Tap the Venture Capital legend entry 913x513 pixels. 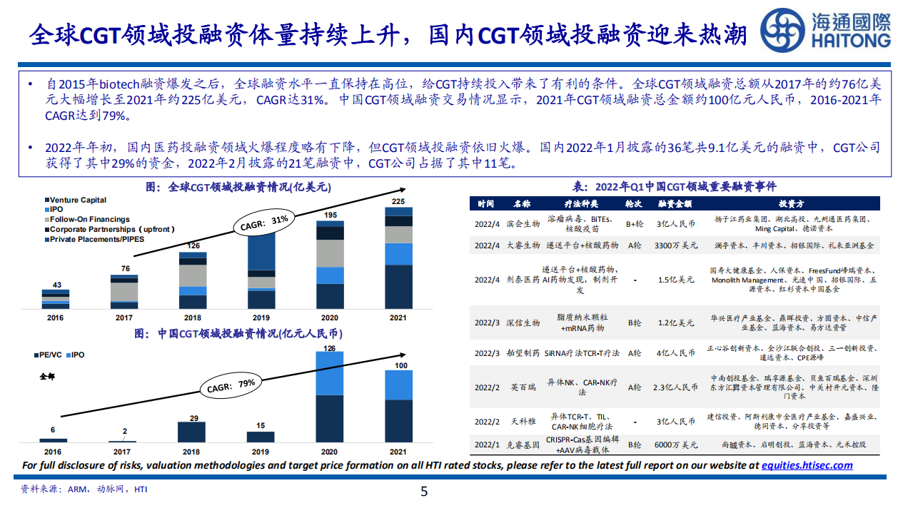pyautogui.click(x=78, y=200)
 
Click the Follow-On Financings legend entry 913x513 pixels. pyautogui.click(x=89, y=220)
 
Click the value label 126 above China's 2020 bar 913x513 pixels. pyautogui.click(x=329, y=348)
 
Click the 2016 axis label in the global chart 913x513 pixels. pyautogui.click(x=55, y=317)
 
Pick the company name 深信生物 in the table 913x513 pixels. pyautogui.click(x=522, y=322)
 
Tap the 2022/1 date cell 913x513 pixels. pyautogui.click(x=487, y=445)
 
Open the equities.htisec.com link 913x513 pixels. pyautogui.click(x=807, y=465)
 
